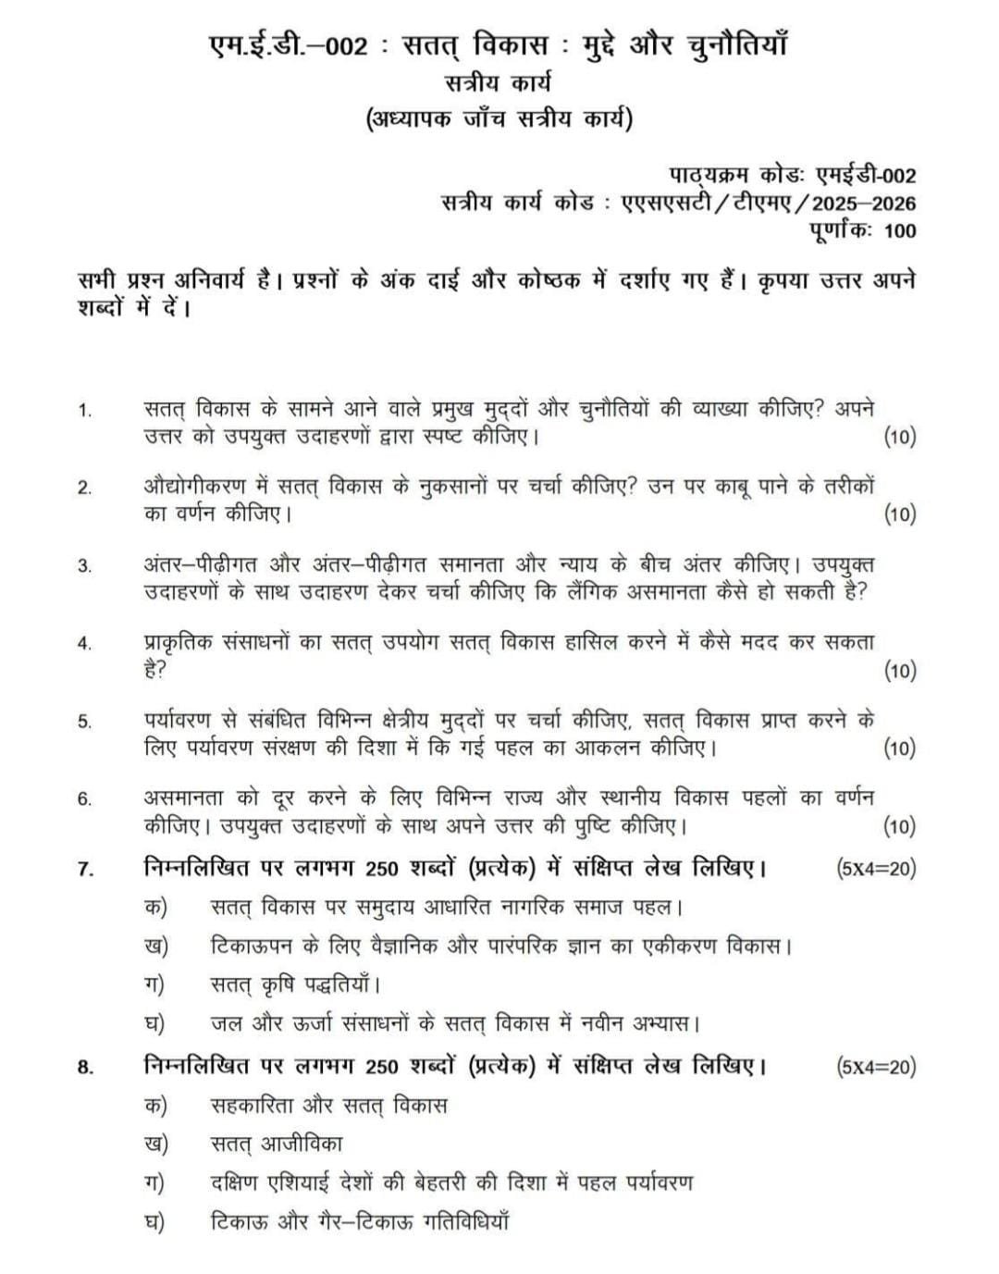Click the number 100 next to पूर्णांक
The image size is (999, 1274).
900,230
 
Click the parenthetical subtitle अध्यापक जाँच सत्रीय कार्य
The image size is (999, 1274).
499,120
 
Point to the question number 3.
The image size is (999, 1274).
85,566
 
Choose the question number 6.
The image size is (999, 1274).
85,799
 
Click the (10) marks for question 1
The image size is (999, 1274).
900,437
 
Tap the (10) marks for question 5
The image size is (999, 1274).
900,748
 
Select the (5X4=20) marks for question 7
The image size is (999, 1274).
875,868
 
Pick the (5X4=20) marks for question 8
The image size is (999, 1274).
875,1067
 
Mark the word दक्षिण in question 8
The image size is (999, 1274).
235,1182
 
